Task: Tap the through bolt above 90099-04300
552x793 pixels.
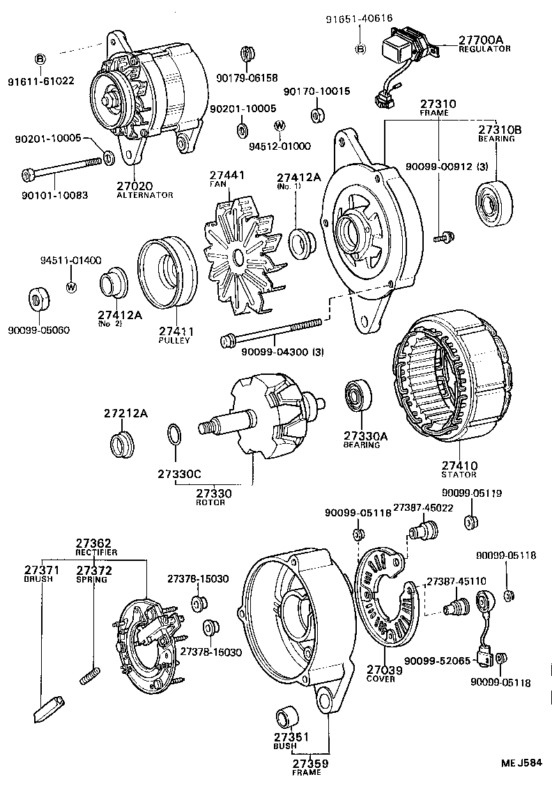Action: [x=271, y=331]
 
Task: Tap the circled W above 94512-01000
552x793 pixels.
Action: [x=279, y=125]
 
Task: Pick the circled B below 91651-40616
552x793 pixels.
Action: [x=360, y=49]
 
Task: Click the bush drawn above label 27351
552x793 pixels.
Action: [x=286, y=717]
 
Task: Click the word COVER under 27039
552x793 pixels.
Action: [x=381, y=679]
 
